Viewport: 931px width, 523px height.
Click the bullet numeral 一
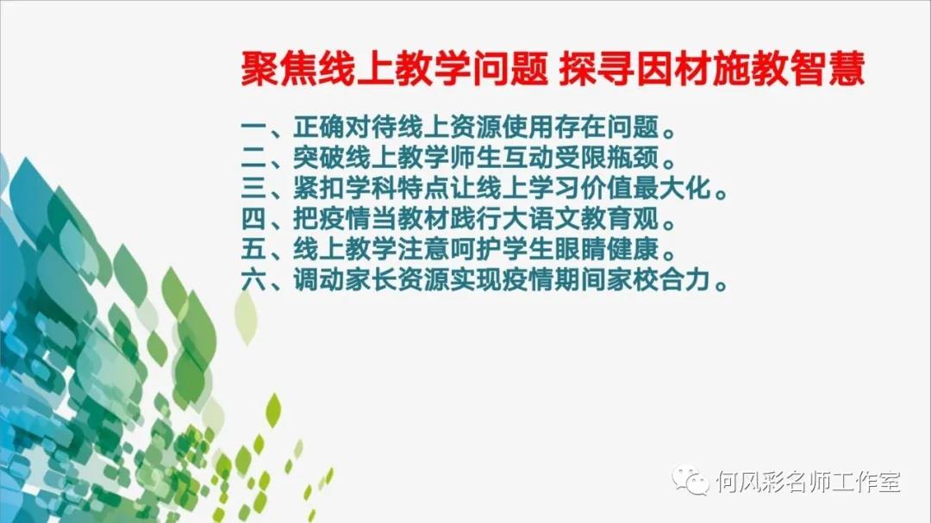pyautogui.click(x=253, y=127)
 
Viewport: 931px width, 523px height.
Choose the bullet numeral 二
pyautogui.click(x=253, y=158)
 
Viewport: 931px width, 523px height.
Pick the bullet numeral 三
pyautogui.click(x=253, y=188)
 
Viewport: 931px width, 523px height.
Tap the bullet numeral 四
pyautogui.click(x=253, y=219)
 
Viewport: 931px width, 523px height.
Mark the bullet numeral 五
pyautogui.click(x=253, y=249)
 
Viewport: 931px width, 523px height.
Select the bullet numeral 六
pyautogui.click(x=253, y=280)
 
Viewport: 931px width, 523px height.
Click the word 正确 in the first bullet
pyautogui.click(x=319, y=127)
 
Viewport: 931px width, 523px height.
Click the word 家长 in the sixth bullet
pyautogui.click(x=371, y=280)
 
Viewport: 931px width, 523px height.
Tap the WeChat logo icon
pyautogui.click(x=690, y=480)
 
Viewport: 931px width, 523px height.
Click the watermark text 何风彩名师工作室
pyautogui.click(x=808, y=482)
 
